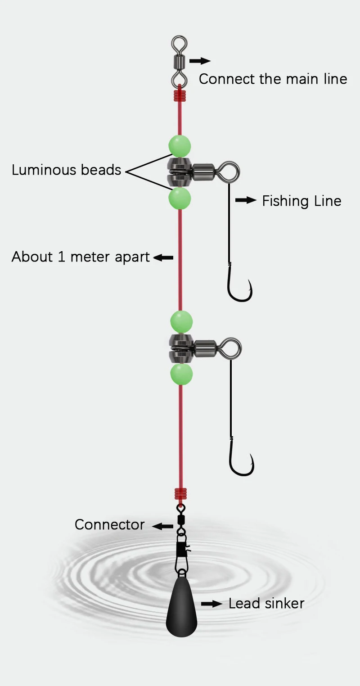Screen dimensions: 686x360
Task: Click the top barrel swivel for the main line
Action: tap(179, 61)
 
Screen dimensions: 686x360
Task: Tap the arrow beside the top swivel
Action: tap(200, 61)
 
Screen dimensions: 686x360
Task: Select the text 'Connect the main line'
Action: tap(273, 79)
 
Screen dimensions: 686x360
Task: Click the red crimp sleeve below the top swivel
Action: tap(180, 95)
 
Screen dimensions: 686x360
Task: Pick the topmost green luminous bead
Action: tap(180, 146)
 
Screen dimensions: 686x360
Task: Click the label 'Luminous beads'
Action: tap(67, 170)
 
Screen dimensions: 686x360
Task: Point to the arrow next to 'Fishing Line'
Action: tap(246, 200)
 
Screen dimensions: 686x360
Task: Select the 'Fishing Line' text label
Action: tap(301, 201)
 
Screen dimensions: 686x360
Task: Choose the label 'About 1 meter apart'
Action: tap(81, 257)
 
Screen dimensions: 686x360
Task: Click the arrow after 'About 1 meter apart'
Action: tap(163, 257)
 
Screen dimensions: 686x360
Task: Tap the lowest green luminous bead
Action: tap(181, 375)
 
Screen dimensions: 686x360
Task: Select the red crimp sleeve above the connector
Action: tap(180, 495)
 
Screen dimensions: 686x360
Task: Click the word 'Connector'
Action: tap(109, 524)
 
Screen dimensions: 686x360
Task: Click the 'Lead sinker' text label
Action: tap(266, 603)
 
